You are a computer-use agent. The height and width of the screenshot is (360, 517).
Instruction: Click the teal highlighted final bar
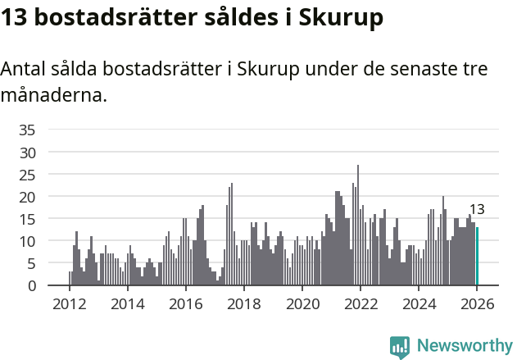pyautogui.click(x=477, y=257)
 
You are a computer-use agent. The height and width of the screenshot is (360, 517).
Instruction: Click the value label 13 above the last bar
pyautogui.click(x=477, y=209)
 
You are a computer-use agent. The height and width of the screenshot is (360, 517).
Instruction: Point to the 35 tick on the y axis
pyautogui.click(x=27, y=130)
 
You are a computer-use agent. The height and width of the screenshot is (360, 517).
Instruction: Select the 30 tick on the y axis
pyautogui.click(x=27, y=153)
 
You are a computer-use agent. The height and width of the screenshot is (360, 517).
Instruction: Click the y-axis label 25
pyautogui.click(x=27, y=175)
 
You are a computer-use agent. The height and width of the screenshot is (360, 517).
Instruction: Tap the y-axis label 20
pyautogui.click(x=27, y=197)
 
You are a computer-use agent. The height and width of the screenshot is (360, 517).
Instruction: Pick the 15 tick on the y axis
pyautogui.click(x=27, y=219)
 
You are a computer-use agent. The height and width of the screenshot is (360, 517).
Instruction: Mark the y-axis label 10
pyautogui.click(x=27, y=241)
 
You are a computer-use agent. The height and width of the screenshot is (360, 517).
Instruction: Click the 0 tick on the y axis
pyautogui.click(x=31, y=285)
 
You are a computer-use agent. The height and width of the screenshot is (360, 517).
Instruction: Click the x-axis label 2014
pyautogui.click(x=127, y=303)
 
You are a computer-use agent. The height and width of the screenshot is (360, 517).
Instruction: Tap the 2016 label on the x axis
pyautogui.click(x=185, y=303)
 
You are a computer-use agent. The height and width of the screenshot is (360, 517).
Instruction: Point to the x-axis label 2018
pyautogui.click(x=243, y=303)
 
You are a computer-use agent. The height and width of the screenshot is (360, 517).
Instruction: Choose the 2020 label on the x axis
pyautogui.click(x=302, y=303)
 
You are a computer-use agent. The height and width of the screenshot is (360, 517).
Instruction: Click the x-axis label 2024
pyautogui.click(x=419, y=303)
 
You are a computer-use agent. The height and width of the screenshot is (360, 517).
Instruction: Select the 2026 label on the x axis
pyautogui.click(x=477, y=303)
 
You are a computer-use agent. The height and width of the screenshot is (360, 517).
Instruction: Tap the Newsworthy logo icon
pyautogui.click(x=400, y=346)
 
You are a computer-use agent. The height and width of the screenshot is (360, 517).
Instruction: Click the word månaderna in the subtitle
pyautogui.click(x=54, y=95)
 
